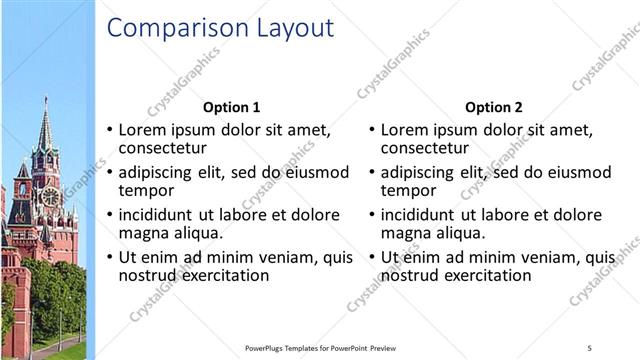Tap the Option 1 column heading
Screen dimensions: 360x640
pos(231,107)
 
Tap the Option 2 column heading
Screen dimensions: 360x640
pos(493,107)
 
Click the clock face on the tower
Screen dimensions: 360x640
pos(50,197)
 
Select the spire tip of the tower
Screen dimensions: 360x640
pos(45,99)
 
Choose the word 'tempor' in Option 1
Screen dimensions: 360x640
pos(146,191)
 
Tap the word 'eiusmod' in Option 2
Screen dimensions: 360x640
pos(576,172)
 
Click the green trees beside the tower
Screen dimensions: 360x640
pos(55,290)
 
